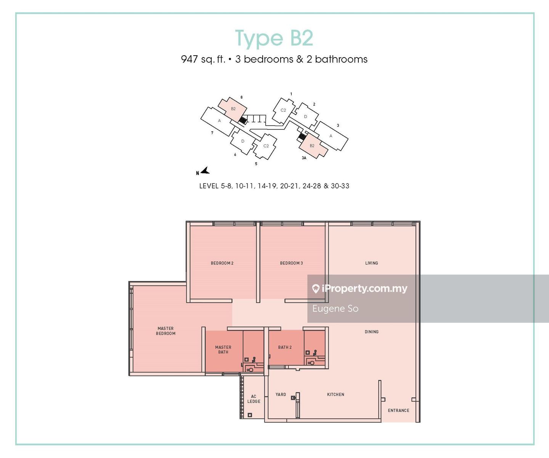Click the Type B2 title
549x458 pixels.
(274, 38)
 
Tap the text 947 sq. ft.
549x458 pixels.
(203, 59)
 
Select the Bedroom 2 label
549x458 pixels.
(222, 263)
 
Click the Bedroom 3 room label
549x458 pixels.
(291, 263)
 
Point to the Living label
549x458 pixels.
(371, 263)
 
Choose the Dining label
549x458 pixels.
(371, 332)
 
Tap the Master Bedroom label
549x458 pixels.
(165, 331)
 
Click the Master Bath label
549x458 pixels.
(223, 349)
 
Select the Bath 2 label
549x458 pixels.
(285, 347)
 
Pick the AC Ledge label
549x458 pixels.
(254, 399)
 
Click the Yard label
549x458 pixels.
(281, 394)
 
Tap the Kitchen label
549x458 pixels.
(335, 394)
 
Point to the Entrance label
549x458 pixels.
(399, 410)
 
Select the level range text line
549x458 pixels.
(274, 186)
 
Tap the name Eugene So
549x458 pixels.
(335, 309)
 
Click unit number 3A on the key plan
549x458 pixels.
(304, 158)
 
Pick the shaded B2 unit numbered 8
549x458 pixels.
(233, 109)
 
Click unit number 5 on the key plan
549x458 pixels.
(256, 164)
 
